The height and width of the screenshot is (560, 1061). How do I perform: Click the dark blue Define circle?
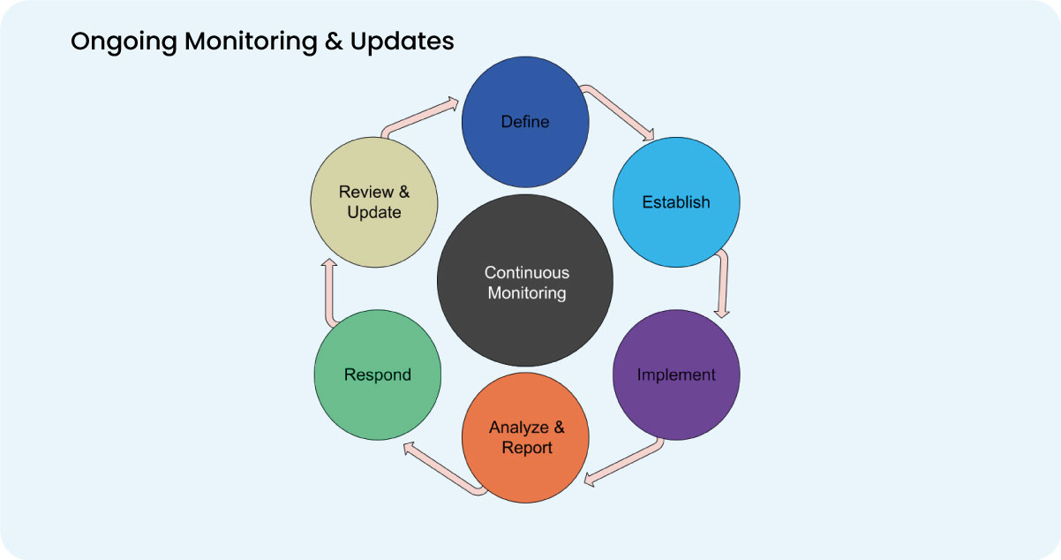point(525,121)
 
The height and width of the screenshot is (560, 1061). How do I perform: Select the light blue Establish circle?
point(676,202)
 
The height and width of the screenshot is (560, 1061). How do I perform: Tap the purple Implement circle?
point(676,375)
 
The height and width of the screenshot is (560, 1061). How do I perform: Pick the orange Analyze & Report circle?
point(526,438)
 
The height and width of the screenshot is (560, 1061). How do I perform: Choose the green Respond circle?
point(378,375)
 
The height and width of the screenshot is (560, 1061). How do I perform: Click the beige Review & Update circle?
point(373,201)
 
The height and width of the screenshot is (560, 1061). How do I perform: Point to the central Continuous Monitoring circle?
point(526,283)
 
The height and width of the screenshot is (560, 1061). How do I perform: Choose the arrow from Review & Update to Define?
point(419,117)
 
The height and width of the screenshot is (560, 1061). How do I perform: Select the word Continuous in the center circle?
point(527,273)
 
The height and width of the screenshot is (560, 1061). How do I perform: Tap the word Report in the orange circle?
point(527,448)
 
